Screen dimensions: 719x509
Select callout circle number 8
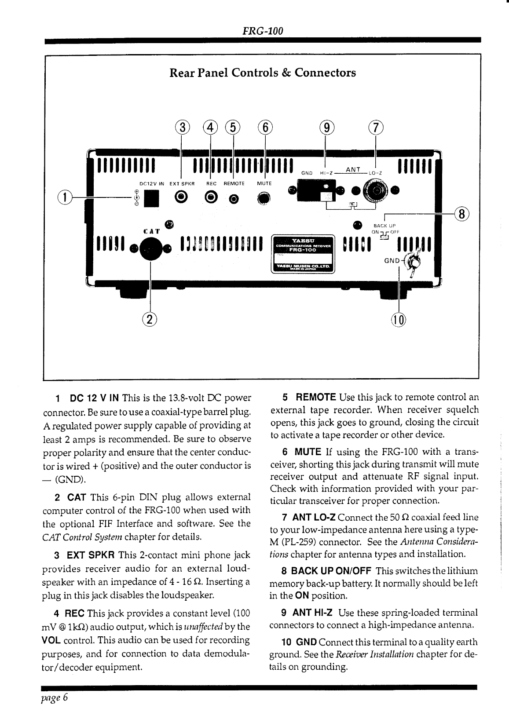tap(461, 215)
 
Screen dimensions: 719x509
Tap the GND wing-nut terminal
tap(414, 263)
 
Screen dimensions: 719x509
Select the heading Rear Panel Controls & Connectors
tap(263, 73)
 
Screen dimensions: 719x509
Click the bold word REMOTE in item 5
tap(316, 398)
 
